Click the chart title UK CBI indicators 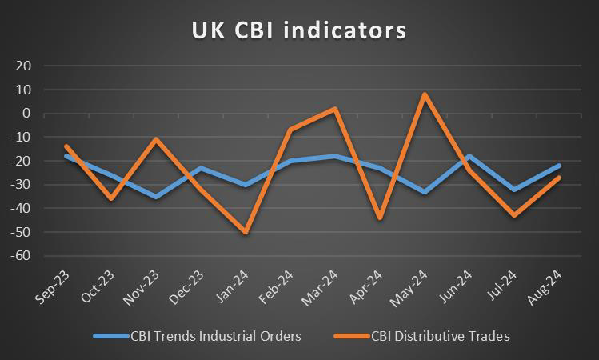click(x=299, y=30)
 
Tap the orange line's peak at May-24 click(x=425, y=94)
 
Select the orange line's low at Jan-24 click(x=245, y=232)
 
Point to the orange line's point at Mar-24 click(x=335, y=109)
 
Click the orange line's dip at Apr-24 click(x=380, y=218)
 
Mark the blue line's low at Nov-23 click(x=155, y=196)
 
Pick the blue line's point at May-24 click(x=425, y=192)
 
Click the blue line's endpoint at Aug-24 click(x=559, y=166)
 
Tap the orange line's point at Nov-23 click(x=155, y=139)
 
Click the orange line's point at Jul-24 click(x=514, y=215)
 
